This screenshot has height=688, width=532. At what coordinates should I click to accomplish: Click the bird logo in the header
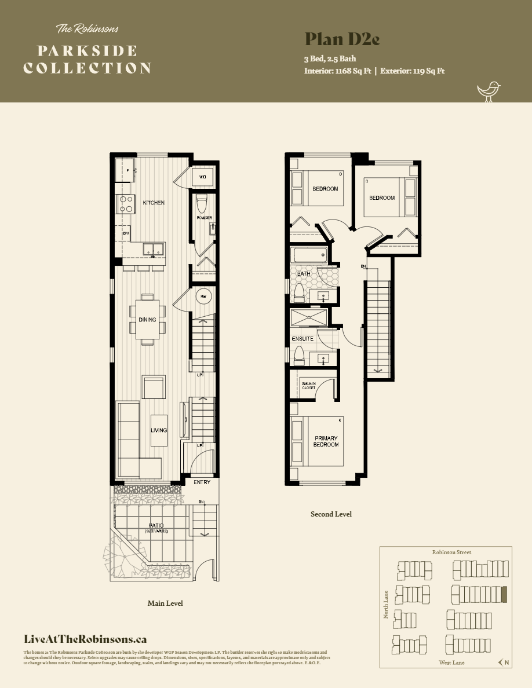click(x=488, y=91)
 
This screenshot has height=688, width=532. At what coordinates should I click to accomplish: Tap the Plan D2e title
click(x=342, y=39)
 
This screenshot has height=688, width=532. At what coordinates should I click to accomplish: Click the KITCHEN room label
click(x=154, y=203)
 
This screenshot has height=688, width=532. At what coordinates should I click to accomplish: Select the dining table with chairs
click(x=147, y=319)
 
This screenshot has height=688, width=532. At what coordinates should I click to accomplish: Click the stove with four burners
click(x=126, y=203)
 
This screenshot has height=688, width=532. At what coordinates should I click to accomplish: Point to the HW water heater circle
click(x=203, y=297)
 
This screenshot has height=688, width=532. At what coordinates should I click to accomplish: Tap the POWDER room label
click(x=204, y=218)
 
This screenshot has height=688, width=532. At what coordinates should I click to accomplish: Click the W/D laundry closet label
click(x=203, y=177)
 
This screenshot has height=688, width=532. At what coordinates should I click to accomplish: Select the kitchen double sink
click(x=153, y=250)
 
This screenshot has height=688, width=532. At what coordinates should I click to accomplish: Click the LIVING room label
click(x=159, y=430)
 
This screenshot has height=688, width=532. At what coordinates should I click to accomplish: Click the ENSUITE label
click(x=303, y=339)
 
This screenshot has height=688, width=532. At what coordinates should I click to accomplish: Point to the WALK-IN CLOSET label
click(x=308, y=385)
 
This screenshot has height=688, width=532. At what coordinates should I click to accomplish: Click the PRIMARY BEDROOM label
click(x=326, y=441)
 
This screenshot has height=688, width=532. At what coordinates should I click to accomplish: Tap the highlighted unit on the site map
click(x=504, y=595)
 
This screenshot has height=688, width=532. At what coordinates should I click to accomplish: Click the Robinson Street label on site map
click(x=451, y=552)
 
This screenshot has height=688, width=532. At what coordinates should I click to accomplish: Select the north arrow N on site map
click(x=503, y=663)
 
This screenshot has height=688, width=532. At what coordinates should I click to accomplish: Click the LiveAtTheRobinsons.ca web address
click(x=85, y=639)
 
